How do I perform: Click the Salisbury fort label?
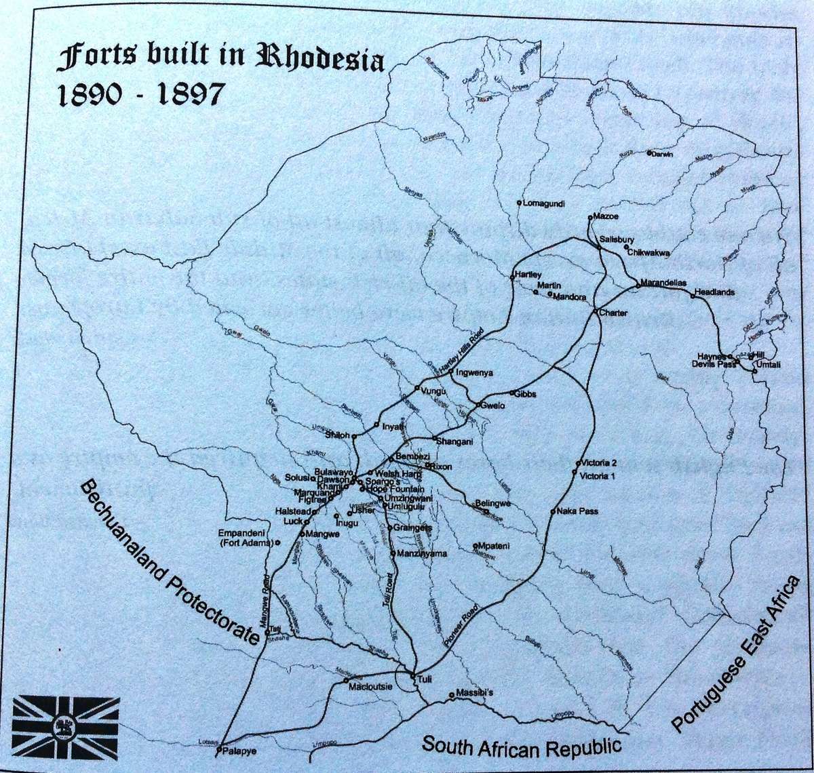[x=617, y=240]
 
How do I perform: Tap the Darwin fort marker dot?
[x=649, y=153]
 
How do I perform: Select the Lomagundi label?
[x=544, y=203]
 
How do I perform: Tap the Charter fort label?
[x=613, y=313]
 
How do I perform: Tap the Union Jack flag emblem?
[x=66, y=727]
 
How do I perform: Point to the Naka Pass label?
[x=578, y=511]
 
